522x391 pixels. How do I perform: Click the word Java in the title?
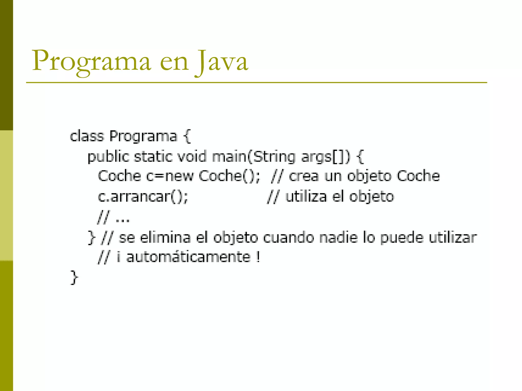221,61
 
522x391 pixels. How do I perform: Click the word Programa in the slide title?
91,61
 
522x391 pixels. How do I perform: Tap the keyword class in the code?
87,136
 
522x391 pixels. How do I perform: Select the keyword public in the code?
108,156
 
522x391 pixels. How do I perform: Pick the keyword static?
153,156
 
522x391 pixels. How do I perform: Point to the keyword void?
192,156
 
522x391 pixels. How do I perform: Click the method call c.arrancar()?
143,197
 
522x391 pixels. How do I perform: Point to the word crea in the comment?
304,176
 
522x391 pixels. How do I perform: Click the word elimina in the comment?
165,237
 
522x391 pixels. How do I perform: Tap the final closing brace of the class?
74,277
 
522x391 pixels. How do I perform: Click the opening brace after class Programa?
187,136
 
